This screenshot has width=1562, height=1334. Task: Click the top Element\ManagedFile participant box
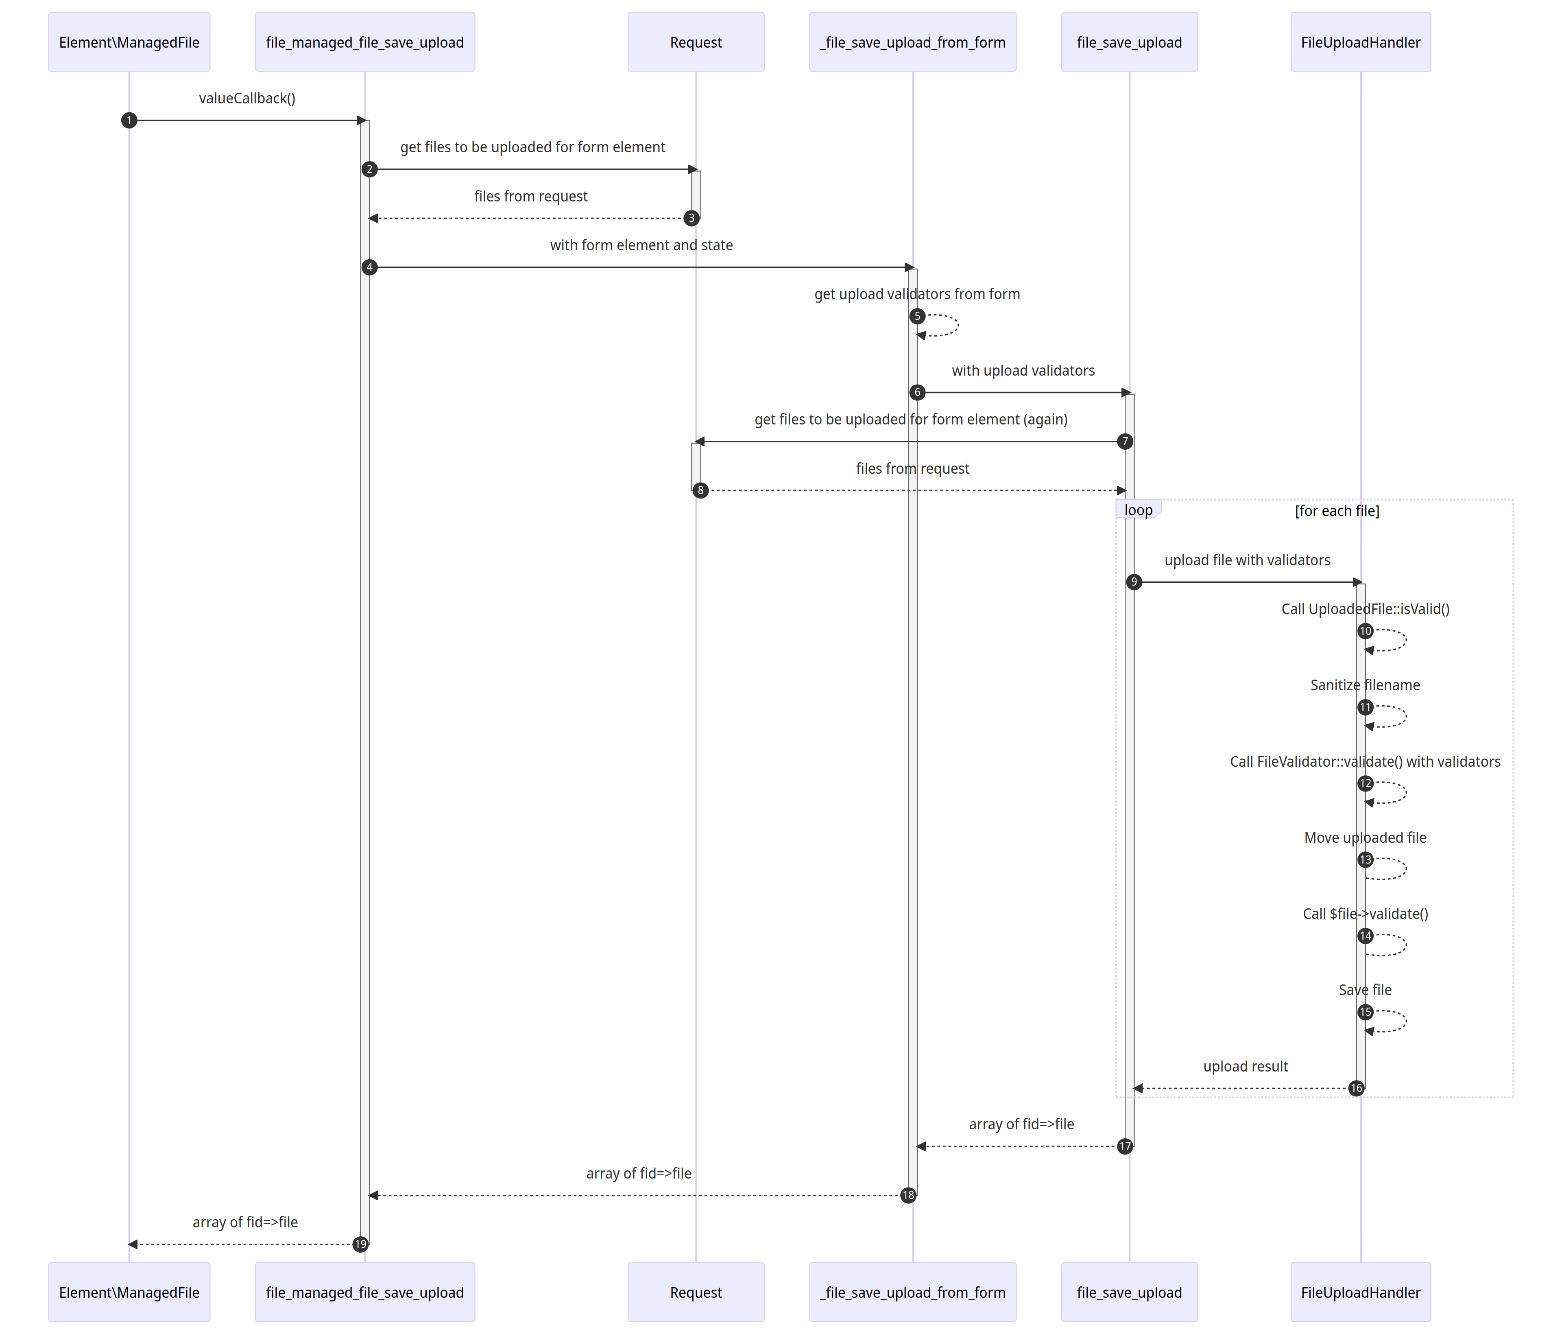pos(129,42)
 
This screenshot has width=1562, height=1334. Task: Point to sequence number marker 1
pos(129,120)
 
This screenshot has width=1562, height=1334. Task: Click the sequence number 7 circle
pos(1125,441)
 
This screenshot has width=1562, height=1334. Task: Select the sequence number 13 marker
pos(1365,859)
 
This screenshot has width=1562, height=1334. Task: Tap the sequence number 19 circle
pos(360,1244)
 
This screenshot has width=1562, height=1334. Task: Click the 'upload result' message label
pos(1246,1066)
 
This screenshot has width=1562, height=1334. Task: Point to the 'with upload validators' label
pos(1023,370)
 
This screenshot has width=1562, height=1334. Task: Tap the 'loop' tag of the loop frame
pos(1138,510)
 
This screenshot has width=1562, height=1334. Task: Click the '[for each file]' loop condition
pos(1337,510)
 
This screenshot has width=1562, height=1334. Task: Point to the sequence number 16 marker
pos(1356,1088)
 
